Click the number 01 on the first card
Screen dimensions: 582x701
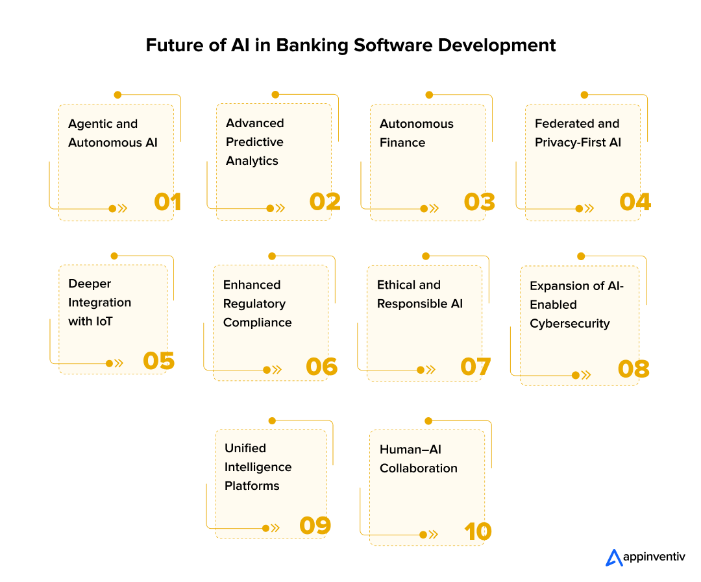pyautogui.click(x=167, y=202)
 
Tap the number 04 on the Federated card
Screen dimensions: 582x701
pyautogui.click(x=635, y=202)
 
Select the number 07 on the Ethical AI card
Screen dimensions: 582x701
pyautogui.click(x=475, y=367)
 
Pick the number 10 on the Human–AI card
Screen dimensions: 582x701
pyautogui.click(x=478, y=532)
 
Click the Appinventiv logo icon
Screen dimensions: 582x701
pyautogui.click(x=613, y=557)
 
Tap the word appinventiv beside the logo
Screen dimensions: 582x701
pyautogui.click(x=654, y=557)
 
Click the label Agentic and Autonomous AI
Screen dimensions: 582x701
pyautogui.click(x=112, y=133)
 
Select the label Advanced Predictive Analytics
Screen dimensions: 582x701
pyautogui.click(x=254, y=141)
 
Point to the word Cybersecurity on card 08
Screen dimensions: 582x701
pyautogui.click(x=569, y=323)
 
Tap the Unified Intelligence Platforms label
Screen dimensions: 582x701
pyautogui.click(x=258, y=467)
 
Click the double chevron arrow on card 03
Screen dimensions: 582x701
pyautogui.click(x=434, y=209)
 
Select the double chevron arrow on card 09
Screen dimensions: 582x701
pyautogui.click(x=275, y=528)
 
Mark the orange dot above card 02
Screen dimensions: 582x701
pyautogui.click(x=275, y=95)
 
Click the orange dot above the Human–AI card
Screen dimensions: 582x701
pyautogui.click(x=427, y=421)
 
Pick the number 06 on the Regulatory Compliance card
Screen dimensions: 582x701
pyautogui.click(x=321, y=367)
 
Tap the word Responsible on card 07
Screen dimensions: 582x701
pyautogui.click(x=412, y=304)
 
